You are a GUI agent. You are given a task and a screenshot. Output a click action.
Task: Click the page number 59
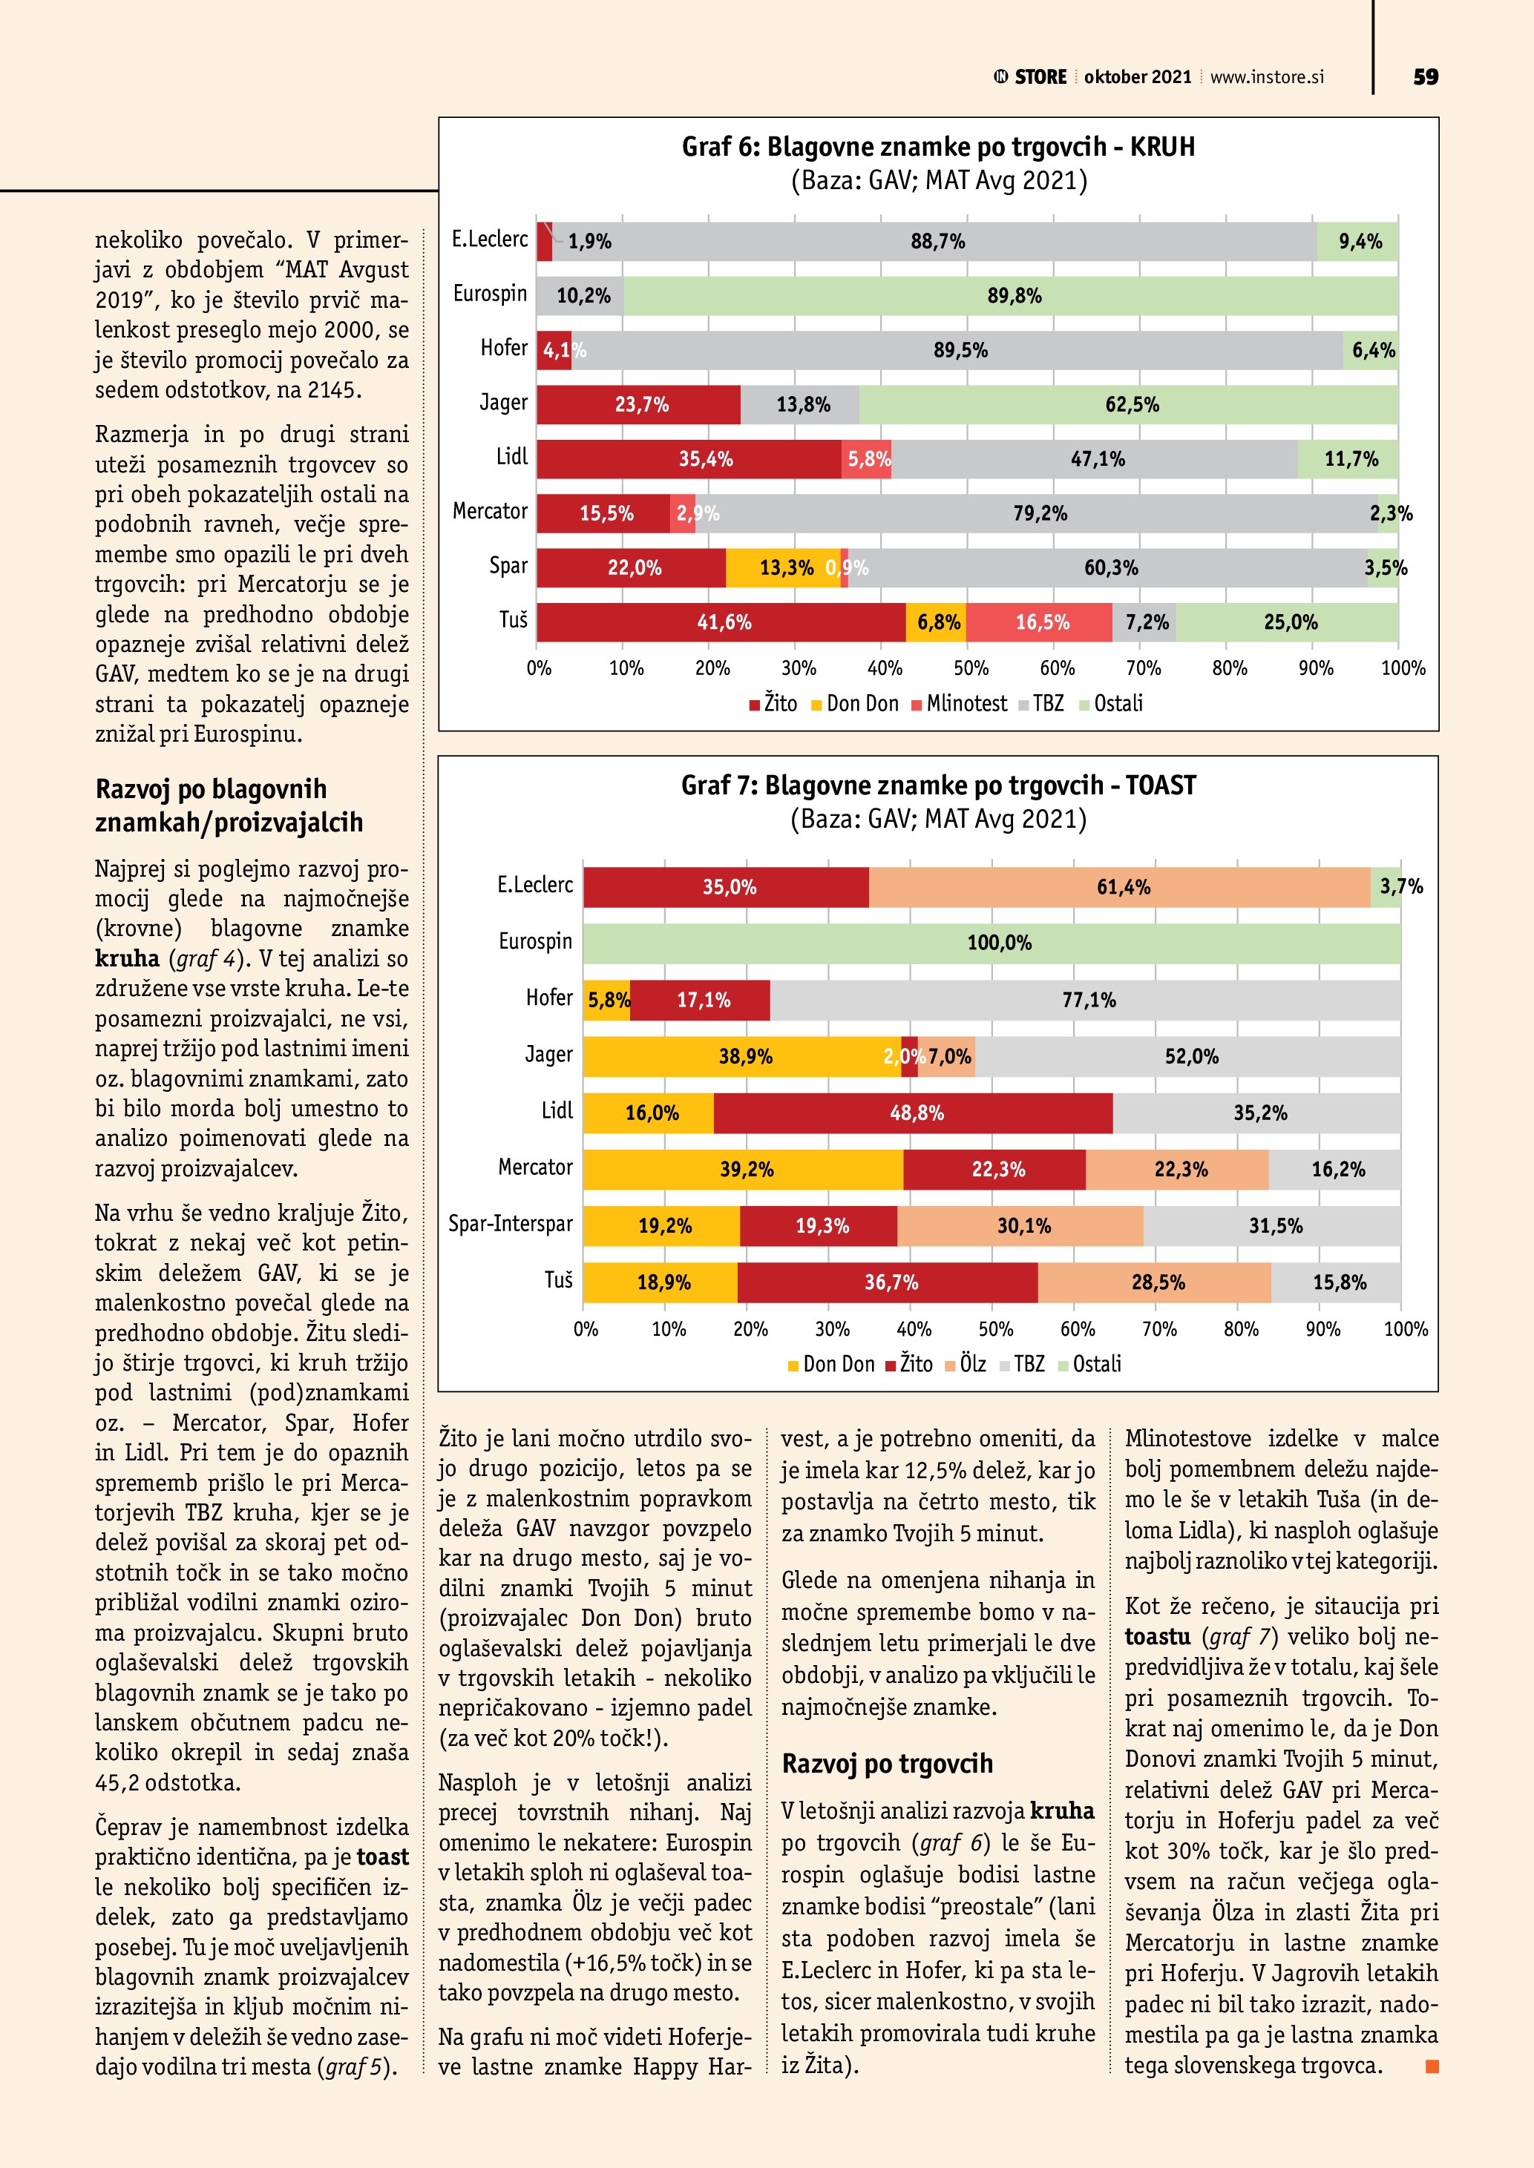pos(1426,77)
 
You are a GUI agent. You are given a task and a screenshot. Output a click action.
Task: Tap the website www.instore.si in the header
pos(1266,77)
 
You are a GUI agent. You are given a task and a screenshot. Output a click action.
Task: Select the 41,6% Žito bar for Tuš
pos(721,622)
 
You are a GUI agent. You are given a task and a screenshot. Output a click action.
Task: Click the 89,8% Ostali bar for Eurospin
pos(1011,295)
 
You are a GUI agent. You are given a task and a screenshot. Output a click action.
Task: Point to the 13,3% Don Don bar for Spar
pos(783,567)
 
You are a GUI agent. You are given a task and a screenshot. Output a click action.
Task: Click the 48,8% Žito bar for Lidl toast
pos(914,1113)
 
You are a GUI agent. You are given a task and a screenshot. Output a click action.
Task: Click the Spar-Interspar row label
pos(510,1225)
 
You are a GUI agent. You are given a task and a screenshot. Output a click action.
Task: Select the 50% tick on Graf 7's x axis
pos(996,1330)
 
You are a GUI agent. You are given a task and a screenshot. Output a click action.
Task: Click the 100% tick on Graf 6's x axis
pos(1403,668)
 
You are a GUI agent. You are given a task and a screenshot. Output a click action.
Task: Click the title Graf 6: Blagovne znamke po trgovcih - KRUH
pos(938,148)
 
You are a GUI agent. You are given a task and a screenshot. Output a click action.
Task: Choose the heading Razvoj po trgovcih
pos(887,1764)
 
